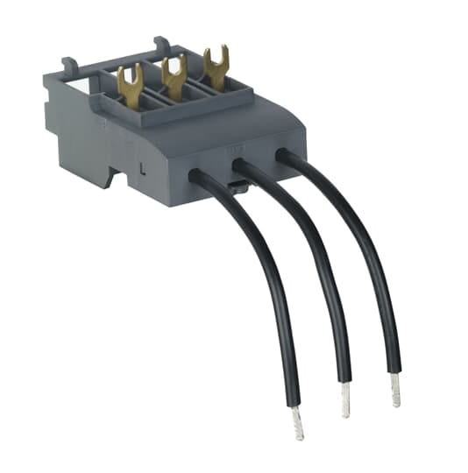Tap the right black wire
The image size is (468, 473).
368,245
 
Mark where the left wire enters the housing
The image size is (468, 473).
198,175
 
